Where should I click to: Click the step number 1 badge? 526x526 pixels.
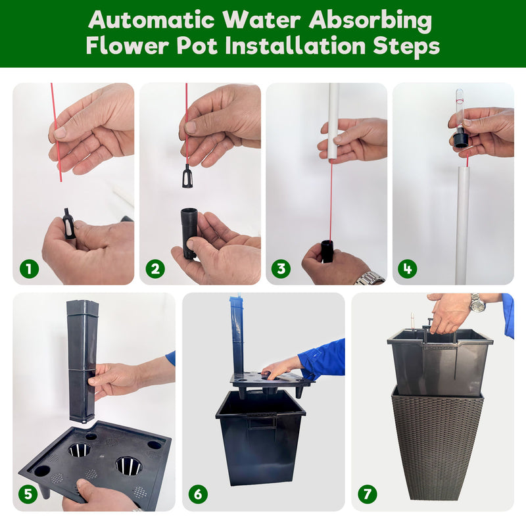[x=28, y=268]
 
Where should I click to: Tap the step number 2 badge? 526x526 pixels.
[x=155, y=268]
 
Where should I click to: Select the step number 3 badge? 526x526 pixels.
[x=281, y=268]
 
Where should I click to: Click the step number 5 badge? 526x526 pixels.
[x=28, y=494]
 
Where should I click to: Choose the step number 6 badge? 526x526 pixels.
[x=198, y=494]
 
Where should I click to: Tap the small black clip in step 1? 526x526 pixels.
[x=68, y=223]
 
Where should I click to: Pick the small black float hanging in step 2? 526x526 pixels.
[x=187, y=176]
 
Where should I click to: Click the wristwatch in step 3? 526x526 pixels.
[x=369, y=278]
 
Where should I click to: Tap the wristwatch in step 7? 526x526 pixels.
[x=477, y=303]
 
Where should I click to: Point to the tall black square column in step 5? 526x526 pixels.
[x=82, y=358]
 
